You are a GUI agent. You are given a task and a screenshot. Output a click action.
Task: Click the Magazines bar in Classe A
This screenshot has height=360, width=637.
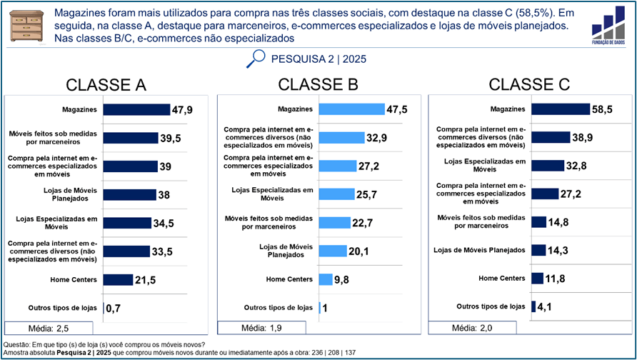[x=137, y=109]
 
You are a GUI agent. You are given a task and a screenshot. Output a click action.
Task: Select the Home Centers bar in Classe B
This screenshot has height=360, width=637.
[x=326, y=279]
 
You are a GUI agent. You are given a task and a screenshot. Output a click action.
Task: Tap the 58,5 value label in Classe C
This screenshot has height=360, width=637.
[x=602, y=109]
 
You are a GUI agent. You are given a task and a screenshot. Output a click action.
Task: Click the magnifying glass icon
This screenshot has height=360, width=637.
[x=255, y=59]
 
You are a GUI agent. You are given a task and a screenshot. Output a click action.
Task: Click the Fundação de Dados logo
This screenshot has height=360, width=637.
[x=609, y=27]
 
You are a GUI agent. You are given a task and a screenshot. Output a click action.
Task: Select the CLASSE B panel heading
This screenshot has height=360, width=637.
[x=318, y=84]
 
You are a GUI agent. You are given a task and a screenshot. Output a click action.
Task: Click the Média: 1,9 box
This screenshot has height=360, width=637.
[x=261, y=329]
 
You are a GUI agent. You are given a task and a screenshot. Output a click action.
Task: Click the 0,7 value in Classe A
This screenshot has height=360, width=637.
[x=113, y=309]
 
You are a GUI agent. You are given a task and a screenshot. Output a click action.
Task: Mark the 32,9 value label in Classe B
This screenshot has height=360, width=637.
[x=377, y=138]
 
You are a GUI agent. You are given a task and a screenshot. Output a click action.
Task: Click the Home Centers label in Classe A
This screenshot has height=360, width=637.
[x=74, y=279]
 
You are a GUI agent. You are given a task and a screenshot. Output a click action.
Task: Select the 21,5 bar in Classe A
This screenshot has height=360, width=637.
[x=119, y=279]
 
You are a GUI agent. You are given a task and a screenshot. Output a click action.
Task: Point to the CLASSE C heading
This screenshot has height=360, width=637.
[x=528, y=84]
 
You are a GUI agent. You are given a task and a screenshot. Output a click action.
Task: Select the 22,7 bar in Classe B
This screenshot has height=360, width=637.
[x=334, y=222]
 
